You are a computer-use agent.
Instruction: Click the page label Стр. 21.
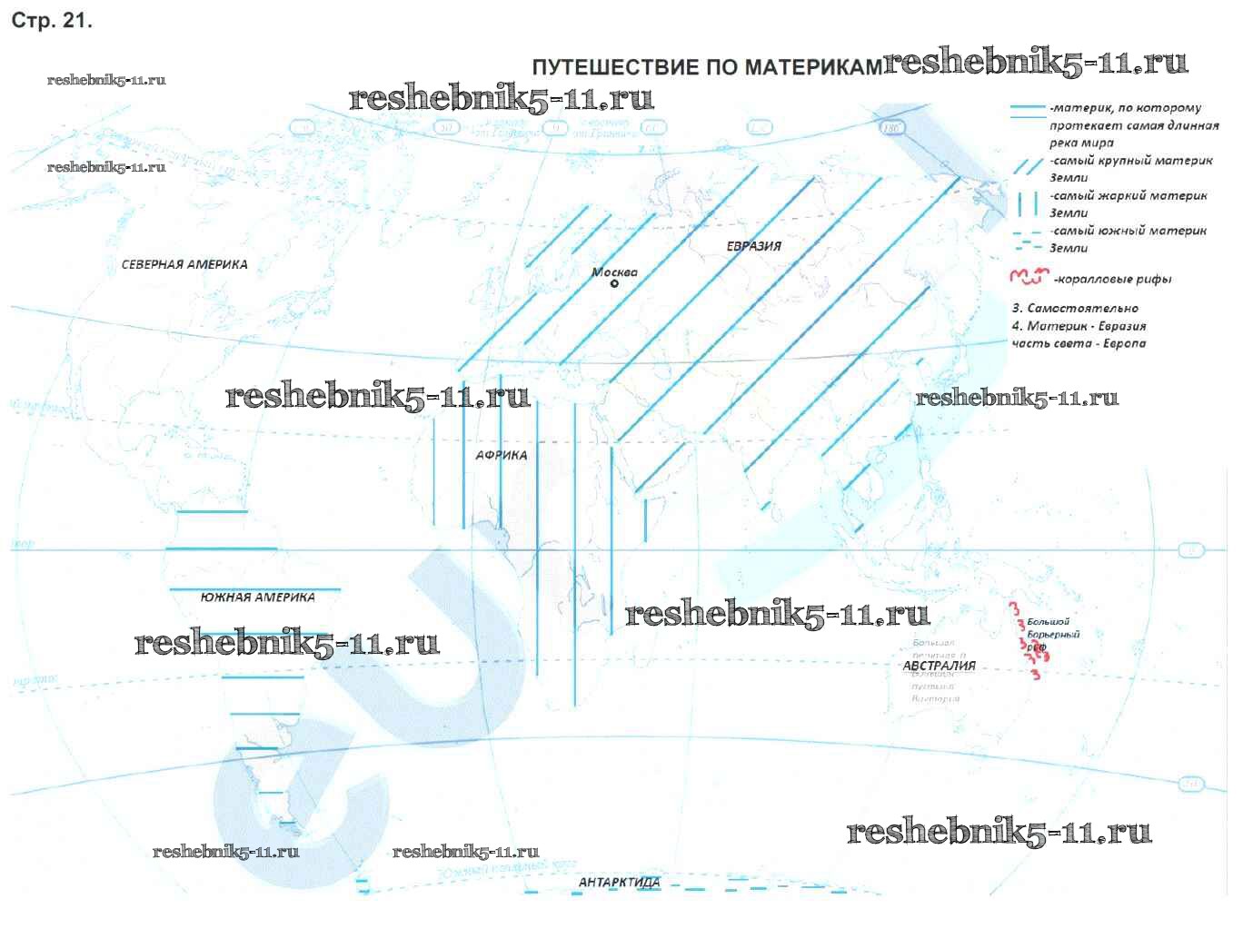pyautogui.click(x=52, y=21)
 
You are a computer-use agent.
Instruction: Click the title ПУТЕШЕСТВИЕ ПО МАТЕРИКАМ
pyautogui.click(x=706, y=67)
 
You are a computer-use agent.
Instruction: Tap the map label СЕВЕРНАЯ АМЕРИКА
pyautogui.click(x=184, y=264)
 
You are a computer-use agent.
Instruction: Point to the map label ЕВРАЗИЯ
pyautogui.click(x=753, y=245)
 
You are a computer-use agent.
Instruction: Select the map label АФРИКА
pyautogui.click(x=502, y=455)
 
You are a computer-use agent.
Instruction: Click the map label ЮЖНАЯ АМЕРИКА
pyautogui.click(x=258, y=597)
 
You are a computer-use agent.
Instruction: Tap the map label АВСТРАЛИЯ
pyautogui.click(x=939, y=666)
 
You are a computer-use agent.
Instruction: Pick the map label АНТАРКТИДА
pyautogui.click(x=620, y=882)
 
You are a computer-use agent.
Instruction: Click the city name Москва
pyautogui.click(x=614, y=272)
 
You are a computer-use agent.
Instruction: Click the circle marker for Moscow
pyautogui.click(x=614, y=284)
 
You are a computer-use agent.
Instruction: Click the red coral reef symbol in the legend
pyautogui.click(x=1029, y=276)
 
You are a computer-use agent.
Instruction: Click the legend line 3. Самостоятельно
pyautogui.click(x=1075, y=308)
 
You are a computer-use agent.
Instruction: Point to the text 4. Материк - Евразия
pyautogui.click(x=1079, y=326)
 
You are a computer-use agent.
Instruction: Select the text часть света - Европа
pyautogui.click(x=1079, y=343)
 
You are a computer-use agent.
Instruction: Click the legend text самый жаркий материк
pyautogui.click(x=1129, y=196)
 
